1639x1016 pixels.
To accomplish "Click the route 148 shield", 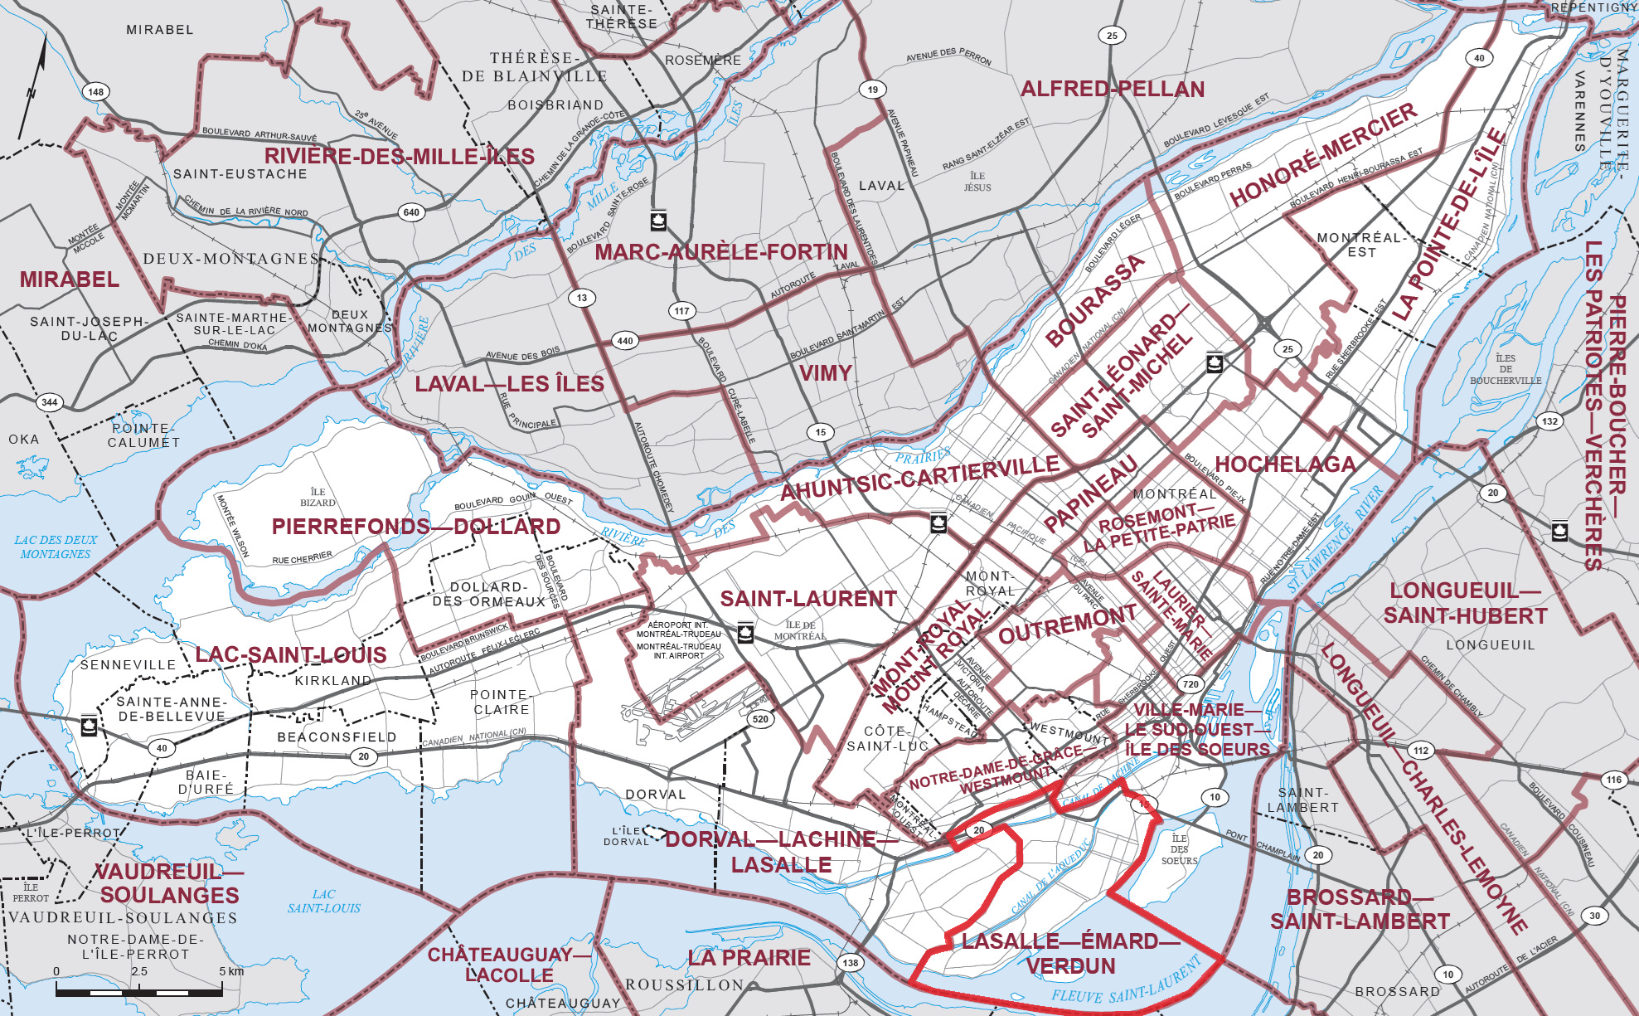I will click(96, 92).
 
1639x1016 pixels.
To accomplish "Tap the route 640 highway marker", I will click(411, 212).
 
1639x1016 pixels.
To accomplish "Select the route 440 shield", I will click(625, 341).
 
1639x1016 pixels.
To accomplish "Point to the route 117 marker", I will click(681, 311).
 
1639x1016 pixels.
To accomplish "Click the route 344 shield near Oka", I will click(50, 402).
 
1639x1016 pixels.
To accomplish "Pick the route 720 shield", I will click(1191, 684).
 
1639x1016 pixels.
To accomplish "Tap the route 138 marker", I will click(851, 963).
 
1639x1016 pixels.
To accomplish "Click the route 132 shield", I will click(1549, 421).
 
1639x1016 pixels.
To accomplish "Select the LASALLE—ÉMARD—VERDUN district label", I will click(1071, 954).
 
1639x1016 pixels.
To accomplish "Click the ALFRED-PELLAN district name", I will click(1113, 90).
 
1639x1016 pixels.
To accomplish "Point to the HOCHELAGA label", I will click(1285, 464).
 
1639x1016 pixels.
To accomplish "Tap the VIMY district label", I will click(825, 373).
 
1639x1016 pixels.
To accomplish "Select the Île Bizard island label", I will click(318, 497).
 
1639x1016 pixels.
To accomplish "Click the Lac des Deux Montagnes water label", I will click(56, 547).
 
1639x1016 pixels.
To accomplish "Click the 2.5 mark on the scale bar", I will click(139, 971).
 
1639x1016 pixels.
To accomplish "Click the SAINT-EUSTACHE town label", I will click(240, 174).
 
